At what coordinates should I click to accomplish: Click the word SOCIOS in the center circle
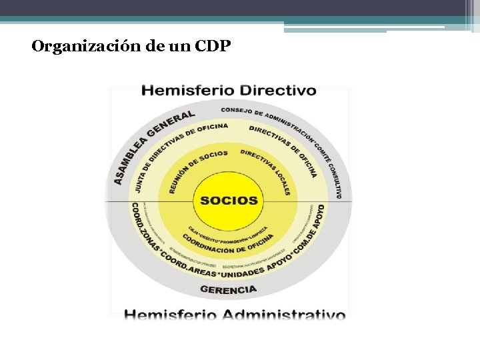click(x=229, y=200)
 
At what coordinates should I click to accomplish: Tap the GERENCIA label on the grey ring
click(x=228, y=289)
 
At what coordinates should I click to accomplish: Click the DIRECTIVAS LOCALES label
click(x=267, y=171)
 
